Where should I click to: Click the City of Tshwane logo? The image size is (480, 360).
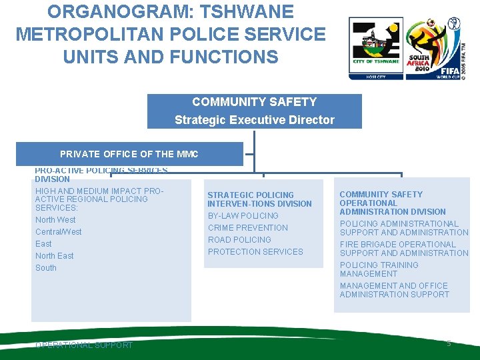coord(376,48)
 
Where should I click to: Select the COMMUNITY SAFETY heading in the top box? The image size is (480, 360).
coord(254,102)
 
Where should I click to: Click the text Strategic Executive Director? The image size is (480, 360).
coord(254,120)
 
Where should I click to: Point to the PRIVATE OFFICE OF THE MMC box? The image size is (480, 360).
coord(129,154)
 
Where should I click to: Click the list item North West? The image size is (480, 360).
coord(55,220)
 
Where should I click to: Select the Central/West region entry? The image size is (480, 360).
coord(59,232)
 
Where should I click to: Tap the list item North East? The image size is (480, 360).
coord(55,256)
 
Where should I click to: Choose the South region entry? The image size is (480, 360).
coord(46,268)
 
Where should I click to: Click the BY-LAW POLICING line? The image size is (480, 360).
coord(243,216)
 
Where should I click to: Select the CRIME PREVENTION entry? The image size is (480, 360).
coord(247,228)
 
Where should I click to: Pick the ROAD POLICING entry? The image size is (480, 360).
coord(239,240)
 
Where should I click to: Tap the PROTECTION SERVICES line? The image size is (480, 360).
coord(255,252)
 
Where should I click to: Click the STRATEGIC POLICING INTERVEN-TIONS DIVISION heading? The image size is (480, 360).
coord(259,199)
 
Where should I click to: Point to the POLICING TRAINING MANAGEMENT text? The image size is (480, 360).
coord(379,269)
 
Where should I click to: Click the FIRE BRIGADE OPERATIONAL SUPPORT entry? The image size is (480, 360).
coord(404,249)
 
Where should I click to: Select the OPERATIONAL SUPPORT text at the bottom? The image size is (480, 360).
coord(84,345)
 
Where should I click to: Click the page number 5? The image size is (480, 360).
coord(449,343)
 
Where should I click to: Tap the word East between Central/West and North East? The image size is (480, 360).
coord(43,244)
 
